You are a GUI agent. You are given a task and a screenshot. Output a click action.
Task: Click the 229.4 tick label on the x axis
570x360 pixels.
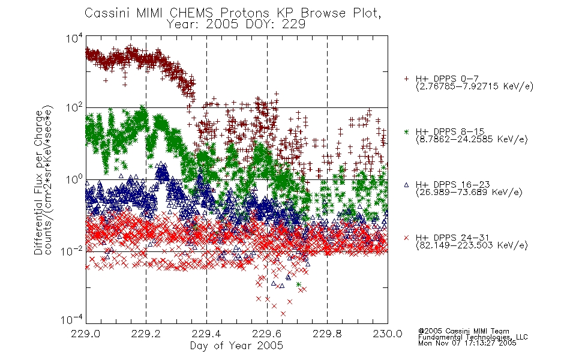point(206,334)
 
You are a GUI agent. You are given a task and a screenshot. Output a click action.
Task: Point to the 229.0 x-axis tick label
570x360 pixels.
point(86,334)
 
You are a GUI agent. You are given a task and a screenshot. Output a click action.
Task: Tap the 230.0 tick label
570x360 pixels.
point(388,334)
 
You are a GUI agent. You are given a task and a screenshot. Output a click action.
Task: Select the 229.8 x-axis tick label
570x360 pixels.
point(327,334)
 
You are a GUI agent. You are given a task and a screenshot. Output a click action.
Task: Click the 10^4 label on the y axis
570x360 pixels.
point(74,37)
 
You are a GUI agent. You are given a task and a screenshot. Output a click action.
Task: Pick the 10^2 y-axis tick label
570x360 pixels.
point(74,108)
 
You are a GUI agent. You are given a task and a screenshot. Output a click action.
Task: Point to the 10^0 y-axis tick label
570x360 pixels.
point(74,179)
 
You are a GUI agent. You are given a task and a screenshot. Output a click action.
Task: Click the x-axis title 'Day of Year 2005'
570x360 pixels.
point(236,346)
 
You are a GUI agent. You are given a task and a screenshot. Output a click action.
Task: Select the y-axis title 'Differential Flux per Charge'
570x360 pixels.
point(38,182)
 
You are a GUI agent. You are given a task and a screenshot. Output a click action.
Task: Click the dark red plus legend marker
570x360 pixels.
point(406,79)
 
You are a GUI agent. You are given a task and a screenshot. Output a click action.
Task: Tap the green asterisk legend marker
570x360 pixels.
point(406,131)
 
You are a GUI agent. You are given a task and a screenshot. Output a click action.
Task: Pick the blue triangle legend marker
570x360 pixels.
point(406,185)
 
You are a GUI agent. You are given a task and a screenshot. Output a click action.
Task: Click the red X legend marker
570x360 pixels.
point(406,238)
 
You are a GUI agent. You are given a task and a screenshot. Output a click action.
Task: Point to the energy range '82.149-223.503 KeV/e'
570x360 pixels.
point(472,245)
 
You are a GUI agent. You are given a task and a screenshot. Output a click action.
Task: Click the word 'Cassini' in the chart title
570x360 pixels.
point(106,13)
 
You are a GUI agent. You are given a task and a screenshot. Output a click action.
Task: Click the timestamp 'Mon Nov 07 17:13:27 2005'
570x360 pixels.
point(467,343)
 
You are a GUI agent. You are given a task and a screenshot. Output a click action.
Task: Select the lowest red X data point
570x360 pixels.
point(283,313)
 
